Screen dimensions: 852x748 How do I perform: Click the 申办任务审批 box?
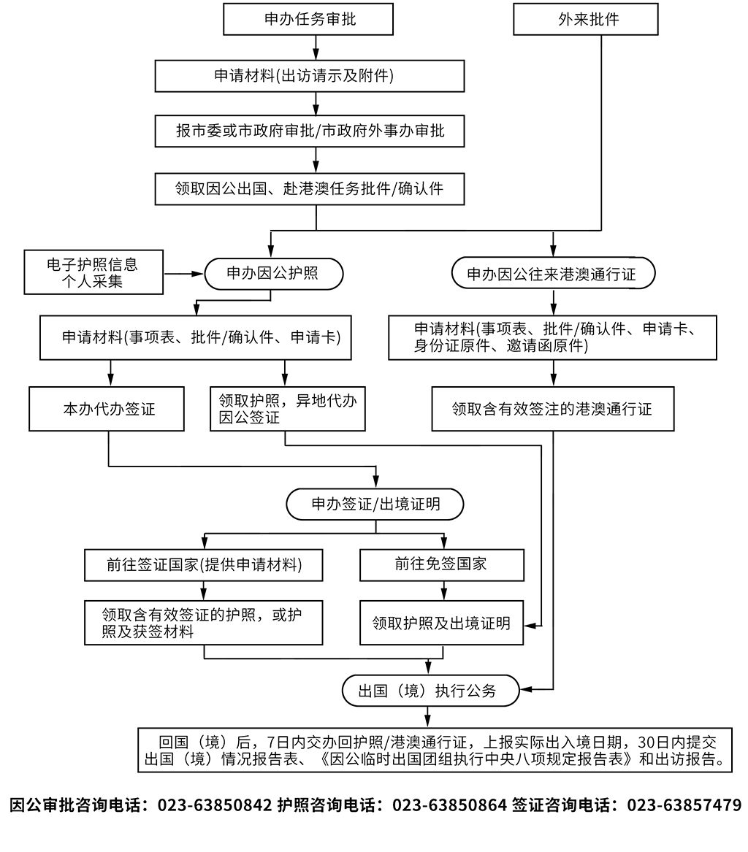click(308, 20)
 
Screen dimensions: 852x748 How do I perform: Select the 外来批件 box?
click(586, 20)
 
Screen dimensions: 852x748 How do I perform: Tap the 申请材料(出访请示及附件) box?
click(310, 76)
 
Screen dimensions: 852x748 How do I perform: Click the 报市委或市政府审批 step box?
click(310, 131)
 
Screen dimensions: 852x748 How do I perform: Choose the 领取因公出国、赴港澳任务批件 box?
click(310, 188)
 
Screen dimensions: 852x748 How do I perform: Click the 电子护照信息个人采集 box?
click(93, 272)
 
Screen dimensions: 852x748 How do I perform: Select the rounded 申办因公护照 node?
click(272, 274)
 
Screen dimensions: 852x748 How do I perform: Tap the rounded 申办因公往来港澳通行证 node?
click(553, 274)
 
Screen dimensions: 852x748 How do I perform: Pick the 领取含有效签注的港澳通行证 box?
click(552, 409)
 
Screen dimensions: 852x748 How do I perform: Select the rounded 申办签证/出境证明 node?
click(375, 504)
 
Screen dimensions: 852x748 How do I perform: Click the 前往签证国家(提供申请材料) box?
click(204, 564)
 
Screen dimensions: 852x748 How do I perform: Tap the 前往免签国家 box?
click(442, 564)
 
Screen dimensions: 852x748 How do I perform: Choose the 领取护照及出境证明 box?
click(442, 623)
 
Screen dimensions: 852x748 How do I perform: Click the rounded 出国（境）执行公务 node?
click(431, 690)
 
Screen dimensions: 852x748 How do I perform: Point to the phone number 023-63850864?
click(450, 805)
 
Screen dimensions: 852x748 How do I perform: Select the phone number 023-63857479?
click(684, 805)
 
